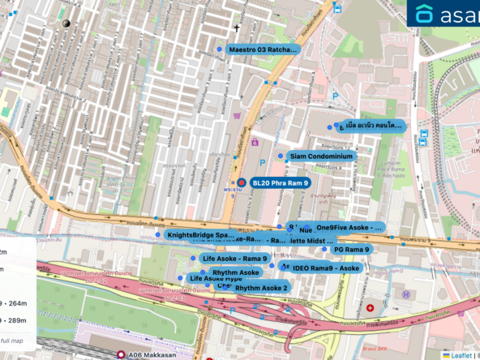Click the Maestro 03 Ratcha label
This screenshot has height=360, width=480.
[263, 49]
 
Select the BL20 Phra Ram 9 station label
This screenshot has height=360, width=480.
[279, 183]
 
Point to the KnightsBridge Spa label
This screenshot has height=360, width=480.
[201, 235]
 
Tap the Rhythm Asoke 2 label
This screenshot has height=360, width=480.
[262, 288]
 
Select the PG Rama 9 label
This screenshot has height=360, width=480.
[351, 250]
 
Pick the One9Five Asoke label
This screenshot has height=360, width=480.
[349, 228]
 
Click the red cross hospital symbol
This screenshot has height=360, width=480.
[370, 308]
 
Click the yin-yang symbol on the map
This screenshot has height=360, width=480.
[66, 24]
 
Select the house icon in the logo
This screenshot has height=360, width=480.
[426, 14]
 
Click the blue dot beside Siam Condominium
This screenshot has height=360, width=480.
[281, 156]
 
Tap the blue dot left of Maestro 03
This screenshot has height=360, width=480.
[219, 49]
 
